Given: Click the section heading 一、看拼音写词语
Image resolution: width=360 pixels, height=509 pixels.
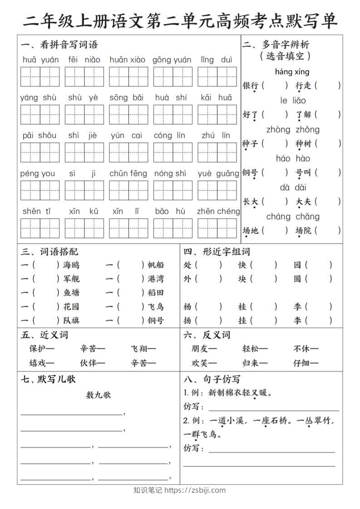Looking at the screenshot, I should click(x=59, y=44).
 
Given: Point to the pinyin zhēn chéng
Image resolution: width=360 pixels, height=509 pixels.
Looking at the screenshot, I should click(x=218, y=211).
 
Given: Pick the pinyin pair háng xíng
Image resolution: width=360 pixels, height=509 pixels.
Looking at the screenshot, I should click(x=292, y=72).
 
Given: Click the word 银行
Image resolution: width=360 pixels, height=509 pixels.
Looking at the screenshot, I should click(x=250, y=85).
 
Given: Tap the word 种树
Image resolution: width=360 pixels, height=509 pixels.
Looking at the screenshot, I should click(x=303, y=143).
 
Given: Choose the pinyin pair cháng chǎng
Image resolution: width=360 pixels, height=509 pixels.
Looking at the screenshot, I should click(x=293, y=216).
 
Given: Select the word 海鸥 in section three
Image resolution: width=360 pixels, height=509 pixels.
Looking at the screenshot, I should click(x=71, y=265).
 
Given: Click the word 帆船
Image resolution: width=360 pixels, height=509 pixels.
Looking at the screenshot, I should click(x=156, y=265).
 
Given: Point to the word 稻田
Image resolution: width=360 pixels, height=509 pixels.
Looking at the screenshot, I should click(x=156, y=293).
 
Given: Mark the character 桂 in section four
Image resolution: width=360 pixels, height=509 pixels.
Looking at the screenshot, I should click(x=242, y=307).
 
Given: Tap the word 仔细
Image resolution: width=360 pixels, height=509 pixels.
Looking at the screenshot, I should click(x=302, y=362).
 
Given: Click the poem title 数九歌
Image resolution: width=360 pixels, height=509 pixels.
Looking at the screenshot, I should click(x=99, y=395).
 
